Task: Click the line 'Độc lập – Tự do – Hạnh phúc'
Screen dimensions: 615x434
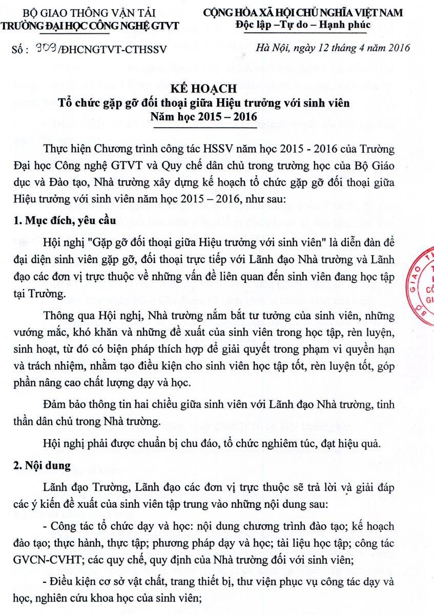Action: click(302, 25)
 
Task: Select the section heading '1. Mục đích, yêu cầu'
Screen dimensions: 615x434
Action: click(61, 221)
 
